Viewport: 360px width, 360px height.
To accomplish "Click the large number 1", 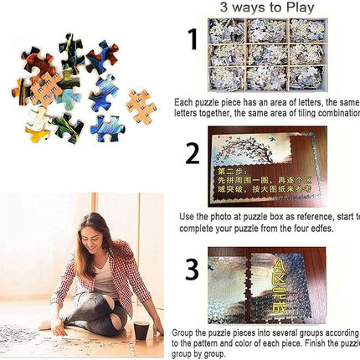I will pyautogui.click(x=193, y=41).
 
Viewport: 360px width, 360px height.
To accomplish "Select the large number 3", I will pyautogui.click(x=192, y=270).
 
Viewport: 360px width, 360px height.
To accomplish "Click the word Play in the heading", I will pyautogui.click(x=297, y=8).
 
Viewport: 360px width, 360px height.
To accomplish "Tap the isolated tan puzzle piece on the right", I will pyautogui.click(x=140, y=105).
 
